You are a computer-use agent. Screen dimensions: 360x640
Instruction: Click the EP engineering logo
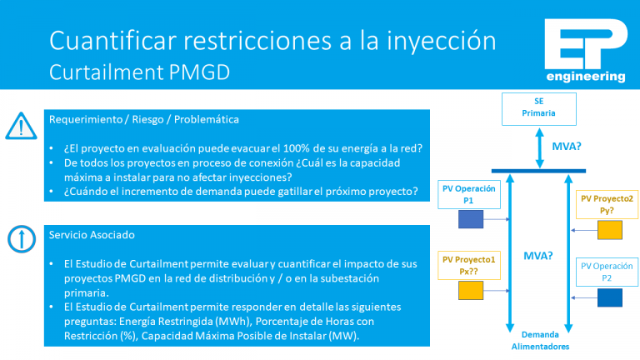[584, 52]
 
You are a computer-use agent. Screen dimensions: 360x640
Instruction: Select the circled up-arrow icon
[17, 239]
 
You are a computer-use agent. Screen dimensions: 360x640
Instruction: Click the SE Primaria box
[538, 107]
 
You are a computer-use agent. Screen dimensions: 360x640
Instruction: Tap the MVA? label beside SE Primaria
[567, 146]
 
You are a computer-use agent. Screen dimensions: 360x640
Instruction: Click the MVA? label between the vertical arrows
[538, 256]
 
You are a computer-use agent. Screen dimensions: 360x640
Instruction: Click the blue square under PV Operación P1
[471, 219]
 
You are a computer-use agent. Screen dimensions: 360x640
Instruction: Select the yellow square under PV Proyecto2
[609, 230]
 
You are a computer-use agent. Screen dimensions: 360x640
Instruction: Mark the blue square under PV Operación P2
[609, 297]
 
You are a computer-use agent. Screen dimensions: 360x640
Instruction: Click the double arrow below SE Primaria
[538, 146]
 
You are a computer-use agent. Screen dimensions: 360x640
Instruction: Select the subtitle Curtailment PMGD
[139, 72]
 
